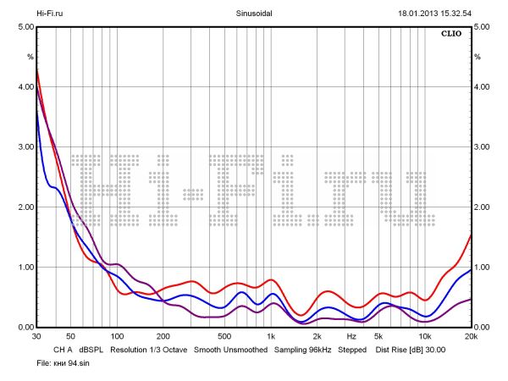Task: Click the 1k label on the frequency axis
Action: pos(271,336)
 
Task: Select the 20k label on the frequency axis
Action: pos(471,336)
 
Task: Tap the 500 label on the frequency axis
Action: pos(224,336)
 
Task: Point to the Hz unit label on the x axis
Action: pos(351,336)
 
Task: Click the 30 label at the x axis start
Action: pos(36,336)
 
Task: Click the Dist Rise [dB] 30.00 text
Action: pos(410,349)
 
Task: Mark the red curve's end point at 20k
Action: pos(471,235)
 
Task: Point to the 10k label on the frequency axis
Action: pos(425,336)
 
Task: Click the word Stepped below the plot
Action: pos(353,349)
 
